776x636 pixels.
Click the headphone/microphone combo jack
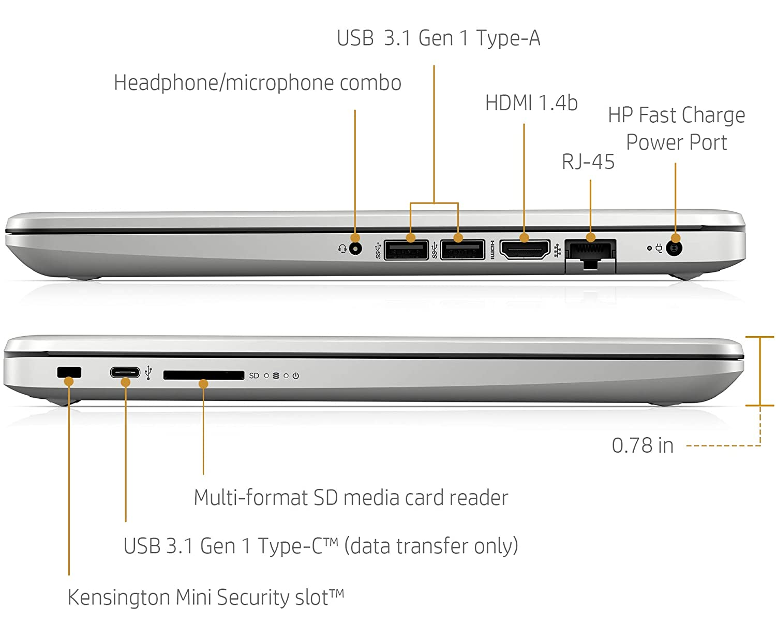point(355,249)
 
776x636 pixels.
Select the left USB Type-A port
point(406,250)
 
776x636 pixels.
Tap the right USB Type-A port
point(462,250)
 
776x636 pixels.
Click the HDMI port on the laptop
point(525,250)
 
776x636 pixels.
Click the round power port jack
point(674,249)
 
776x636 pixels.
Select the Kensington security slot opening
point(69,372)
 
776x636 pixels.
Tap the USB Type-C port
point(125,372)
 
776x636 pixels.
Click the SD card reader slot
point(203,375)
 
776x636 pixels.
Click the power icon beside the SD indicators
point(295,376)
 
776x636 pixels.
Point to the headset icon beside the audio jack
point(342,249)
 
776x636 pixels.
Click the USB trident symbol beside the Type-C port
point(148,372)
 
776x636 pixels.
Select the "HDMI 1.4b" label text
point(531,103)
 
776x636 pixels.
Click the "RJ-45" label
point(588,162)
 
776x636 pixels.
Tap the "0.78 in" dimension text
point(643,445)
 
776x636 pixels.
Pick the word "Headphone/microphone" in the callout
point(225,83)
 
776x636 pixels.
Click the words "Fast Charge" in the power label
point(692,115)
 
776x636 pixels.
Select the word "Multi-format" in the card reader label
point(250,497)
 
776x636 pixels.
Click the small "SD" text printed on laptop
point(254,376)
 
